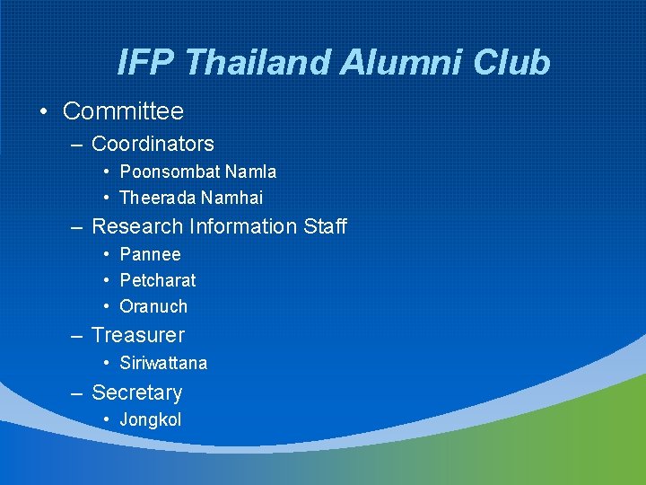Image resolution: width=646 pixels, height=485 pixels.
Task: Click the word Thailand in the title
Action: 259,63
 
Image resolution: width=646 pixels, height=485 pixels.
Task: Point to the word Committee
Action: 123,111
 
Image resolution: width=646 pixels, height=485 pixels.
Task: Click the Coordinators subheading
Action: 153,144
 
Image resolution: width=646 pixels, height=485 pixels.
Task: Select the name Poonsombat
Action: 170,172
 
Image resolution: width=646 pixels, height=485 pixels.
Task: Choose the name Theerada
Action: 158,198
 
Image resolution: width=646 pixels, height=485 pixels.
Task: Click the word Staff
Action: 325,226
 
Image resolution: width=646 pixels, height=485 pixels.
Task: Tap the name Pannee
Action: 150,255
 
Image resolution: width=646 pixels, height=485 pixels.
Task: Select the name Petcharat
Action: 158,280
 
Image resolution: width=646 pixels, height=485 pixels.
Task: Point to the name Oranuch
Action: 153,306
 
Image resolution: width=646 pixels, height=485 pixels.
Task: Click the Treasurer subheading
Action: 138,335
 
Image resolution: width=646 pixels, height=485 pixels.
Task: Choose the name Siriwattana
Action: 163,363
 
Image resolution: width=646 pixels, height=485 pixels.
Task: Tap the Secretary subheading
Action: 136,392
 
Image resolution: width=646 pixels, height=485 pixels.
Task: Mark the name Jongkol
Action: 151,419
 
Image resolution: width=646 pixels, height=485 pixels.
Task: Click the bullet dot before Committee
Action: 43,112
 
